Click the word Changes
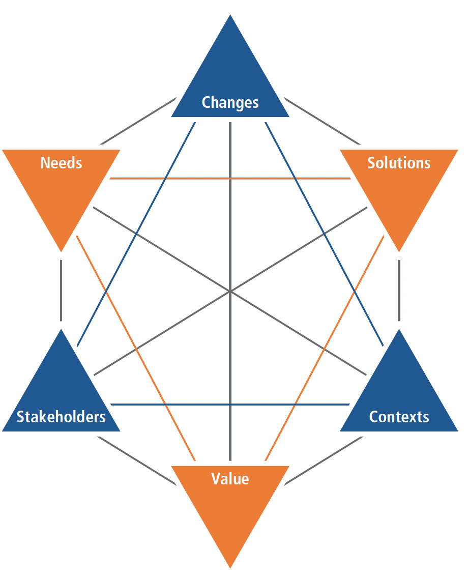[x=230, y=102]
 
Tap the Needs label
[x=61, y=163]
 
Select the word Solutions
[x=399, y=163]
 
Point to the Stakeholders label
[x=61, y=417]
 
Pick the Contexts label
[x=399, y=417]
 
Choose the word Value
[x=230, y=479]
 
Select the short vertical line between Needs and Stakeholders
[x=61, y=291]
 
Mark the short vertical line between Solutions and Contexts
[x=399, y=291]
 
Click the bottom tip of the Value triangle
[x=230, y=566]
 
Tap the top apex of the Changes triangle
[x=230, y=16]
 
